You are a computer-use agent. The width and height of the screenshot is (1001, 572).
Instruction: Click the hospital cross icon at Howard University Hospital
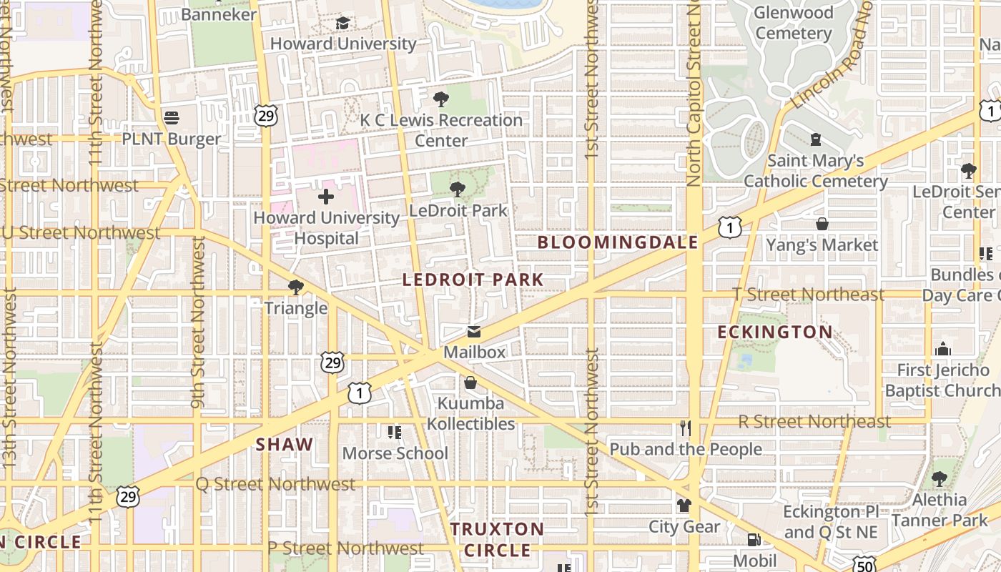(x=326, y=196)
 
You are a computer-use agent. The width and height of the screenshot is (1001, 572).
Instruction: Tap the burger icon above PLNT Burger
(x=171, y=117)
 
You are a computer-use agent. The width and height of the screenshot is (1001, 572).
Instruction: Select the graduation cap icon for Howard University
(x=342, y=23)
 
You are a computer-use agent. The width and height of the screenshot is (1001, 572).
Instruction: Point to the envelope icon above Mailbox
(x=473, y=332)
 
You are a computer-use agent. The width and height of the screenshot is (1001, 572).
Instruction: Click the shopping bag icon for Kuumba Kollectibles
(x=470, y=383)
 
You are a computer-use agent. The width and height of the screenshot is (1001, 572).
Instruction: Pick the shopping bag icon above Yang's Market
(x=822, y=224)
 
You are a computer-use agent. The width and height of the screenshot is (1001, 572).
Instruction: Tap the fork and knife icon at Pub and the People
(x=685, y=428)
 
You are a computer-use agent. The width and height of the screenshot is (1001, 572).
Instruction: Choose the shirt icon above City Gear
(x=684, y=506)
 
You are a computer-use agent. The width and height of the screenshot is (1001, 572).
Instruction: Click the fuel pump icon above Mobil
(x=754, y=540)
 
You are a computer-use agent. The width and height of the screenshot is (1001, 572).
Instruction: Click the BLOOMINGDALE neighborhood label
(x=618, y=242)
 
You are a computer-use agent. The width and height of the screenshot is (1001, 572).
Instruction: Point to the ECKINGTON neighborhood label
(x=775, y=332)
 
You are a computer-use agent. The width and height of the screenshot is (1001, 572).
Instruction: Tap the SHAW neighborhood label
(x=285, y=444)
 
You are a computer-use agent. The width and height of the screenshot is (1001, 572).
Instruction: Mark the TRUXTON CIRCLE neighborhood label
(x=498, y=540)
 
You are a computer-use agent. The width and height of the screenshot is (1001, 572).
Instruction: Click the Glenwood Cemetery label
(x=794, y=23)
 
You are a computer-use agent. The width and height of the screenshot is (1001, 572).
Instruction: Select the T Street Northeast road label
(x=808, y=295)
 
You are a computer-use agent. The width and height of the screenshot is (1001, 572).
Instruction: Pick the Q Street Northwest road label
(x=276, y=484)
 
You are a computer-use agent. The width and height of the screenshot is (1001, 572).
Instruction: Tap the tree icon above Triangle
(x=295, y=287)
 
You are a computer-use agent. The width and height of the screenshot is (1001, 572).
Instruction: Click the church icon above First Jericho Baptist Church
(x=943, y=350)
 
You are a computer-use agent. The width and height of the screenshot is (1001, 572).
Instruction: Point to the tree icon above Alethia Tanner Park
(x=939, y=479)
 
